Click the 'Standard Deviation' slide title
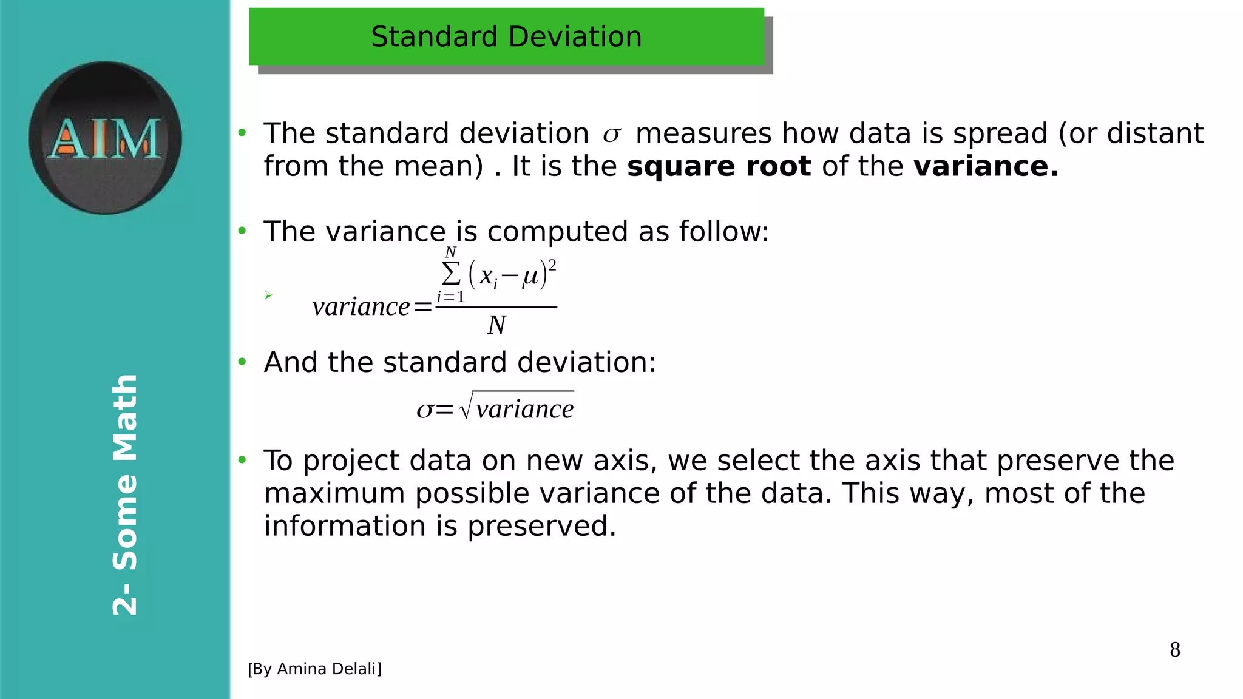506,37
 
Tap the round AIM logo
105,138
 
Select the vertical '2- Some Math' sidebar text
125,495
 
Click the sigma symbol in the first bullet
612,135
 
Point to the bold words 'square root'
719,166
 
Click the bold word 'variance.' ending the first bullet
986,166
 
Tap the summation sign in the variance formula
451,274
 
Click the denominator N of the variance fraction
496,325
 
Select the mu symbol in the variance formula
530,277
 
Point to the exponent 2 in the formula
552,265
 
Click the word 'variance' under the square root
524,409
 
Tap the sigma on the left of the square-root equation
425,410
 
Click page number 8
1175,650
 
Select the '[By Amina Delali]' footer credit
314,669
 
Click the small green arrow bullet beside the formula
268,295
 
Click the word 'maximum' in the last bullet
334,493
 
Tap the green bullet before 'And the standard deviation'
242,362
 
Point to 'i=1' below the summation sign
450,297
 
